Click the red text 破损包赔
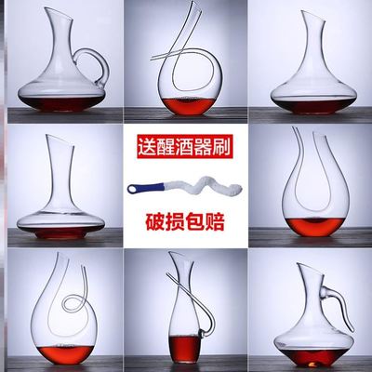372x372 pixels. click(186, 222)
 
